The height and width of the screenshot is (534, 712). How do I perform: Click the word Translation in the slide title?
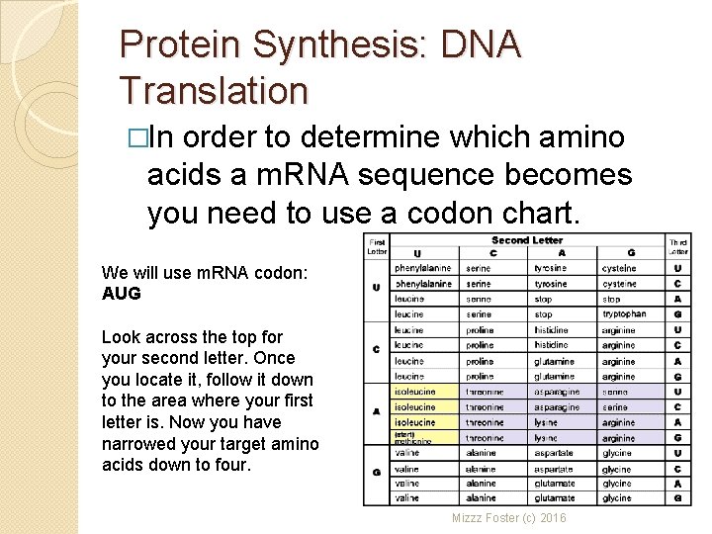[x=214, y=90]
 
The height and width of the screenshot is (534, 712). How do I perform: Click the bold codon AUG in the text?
[x=122, y=294]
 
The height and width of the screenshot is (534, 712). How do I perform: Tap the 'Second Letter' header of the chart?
[x=526, y=240]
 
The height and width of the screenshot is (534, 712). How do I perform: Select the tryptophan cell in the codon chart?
[x=624, y=314]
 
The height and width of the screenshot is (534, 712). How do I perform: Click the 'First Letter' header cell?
[x=377, y=246]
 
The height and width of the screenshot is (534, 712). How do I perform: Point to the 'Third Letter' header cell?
[x=677, y=246]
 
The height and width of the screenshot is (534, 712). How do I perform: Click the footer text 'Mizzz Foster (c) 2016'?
[x=509, y=517]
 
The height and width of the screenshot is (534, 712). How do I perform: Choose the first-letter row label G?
[x=377, y=474]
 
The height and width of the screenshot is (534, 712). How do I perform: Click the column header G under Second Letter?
[x=630, y=253]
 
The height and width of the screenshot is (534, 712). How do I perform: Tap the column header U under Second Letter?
[x=417, y=253]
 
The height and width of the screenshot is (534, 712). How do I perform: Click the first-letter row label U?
[x=377, y=289]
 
